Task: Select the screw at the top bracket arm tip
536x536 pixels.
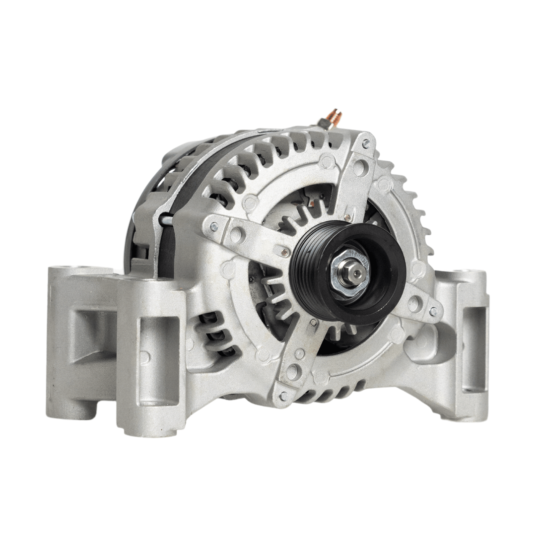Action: [x=366, y=144]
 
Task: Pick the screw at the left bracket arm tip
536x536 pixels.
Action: [x=214, y=226]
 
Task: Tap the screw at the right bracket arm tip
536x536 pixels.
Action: [x=433, y=311]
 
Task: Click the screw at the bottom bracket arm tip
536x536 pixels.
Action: [x=283, y=396]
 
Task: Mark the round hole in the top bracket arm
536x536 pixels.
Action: [x=359, y=167]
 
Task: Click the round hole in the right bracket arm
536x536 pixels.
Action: [x=414, y=304]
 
